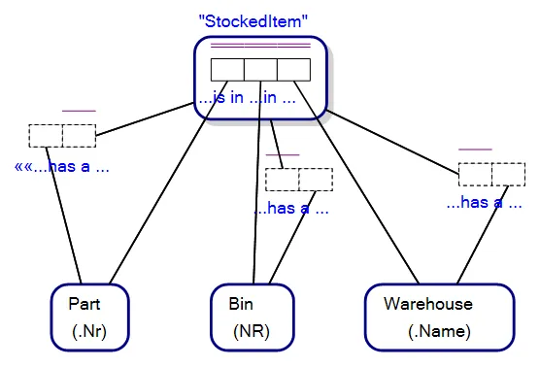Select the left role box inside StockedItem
[227, 70]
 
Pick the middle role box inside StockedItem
[260, 70]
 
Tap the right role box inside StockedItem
[293, 70]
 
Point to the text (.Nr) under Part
[89, 332]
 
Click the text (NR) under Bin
[250, 332]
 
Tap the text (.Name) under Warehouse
[439, 332]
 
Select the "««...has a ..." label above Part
[61, 166]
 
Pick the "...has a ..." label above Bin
[291, 208]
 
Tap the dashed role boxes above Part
[63, 136]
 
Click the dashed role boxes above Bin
[299, 180]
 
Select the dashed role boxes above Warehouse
[491, 174]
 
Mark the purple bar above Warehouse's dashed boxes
[475, 150]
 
